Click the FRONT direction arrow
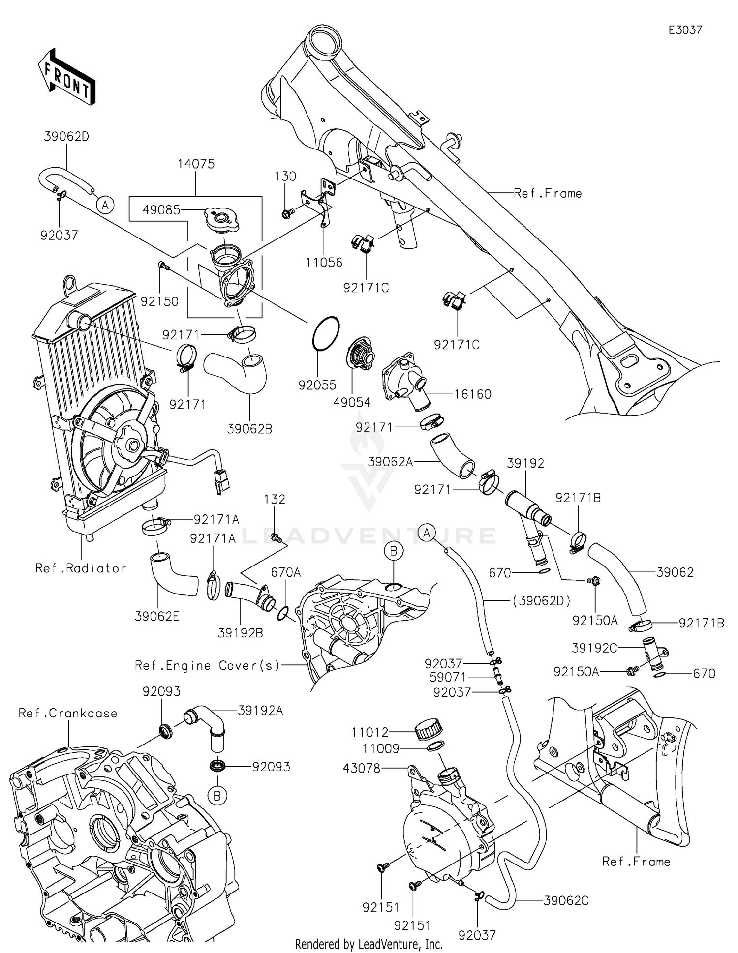tap(66, 76)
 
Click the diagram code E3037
tap(685, 30)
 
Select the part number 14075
tap(196, 164)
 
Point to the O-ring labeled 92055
tap(325, 334)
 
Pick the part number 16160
tap(472, 394)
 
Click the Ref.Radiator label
tap(81, 568)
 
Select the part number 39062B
tap(249, 429)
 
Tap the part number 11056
tap(324, 263)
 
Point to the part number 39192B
tap(241, 633)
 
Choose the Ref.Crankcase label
tap(68, 714)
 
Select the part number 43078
tap(362, 768)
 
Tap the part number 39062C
tap(566, 901)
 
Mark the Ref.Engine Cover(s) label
tap(207, 666)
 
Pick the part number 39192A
tap(260, 711)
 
